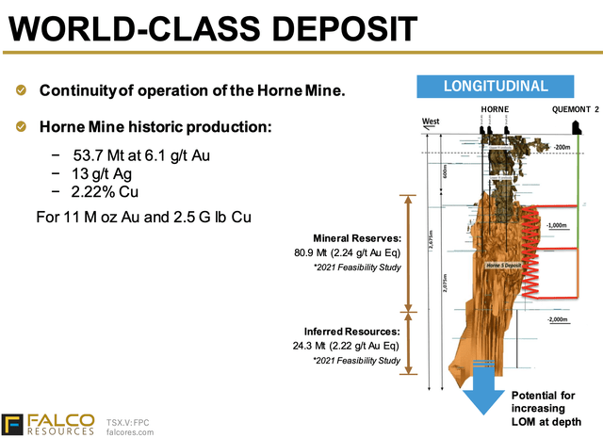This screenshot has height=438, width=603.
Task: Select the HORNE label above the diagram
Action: point(495,110)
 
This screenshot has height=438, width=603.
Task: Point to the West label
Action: point(432,122)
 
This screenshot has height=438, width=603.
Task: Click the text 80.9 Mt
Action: point(312,253)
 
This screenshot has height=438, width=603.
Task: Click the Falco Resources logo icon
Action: point(14,424)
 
